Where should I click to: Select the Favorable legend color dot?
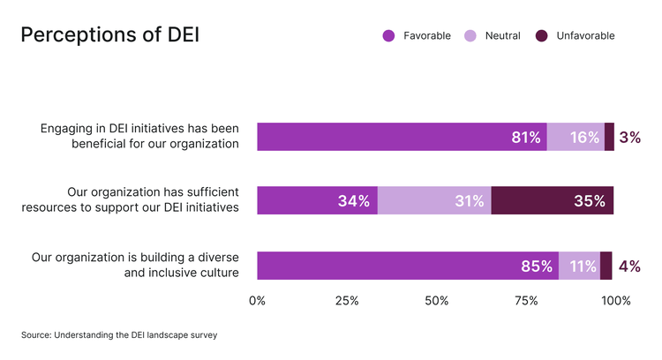tap(387, 36)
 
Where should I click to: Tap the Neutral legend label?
tap(502, 36)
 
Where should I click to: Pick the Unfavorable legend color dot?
tap(541, 36)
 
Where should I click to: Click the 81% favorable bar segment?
tap(402, 137)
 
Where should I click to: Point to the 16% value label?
tap(584, 138)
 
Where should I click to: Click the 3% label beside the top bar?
tap(629, 138)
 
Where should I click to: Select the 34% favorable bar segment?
tap(317, 201)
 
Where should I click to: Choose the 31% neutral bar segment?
tap(434, 201)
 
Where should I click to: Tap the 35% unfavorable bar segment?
tap(552, 201)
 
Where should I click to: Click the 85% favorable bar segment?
tap(408, 266)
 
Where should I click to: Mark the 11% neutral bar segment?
tap(579, 266)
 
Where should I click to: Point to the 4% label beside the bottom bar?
tap(629, 266)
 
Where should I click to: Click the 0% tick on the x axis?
tap(257, 302)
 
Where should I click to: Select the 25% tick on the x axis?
tap(347, 302)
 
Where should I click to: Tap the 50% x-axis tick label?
tap(437, 302)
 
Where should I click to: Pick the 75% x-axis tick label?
tap(526, 302)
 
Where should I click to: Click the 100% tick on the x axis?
tap(615, 302)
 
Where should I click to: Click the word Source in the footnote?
tap(37, 335)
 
